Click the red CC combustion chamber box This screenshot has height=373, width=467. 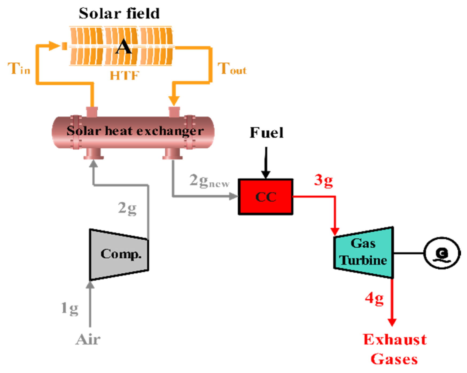click(x=265, y=197)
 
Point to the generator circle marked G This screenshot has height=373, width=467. click(x=442, y=253)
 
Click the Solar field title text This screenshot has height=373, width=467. click(x=119, y=13)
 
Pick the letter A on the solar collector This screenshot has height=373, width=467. click(x=123, y=47)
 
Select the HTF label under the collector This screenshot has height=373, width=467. click(x=125, y=76)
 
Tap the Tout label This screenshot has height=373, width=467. click(x=232, y=69)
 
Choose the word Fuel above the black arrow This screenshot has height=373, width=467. click(x=267, y=133)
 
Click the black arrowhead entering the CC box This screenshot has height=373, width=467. click(x=266, y=175)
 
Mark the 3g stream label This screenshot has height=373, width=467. click(x=323, y=180)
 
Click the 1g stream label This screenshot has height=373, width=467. click(x=70, y=308)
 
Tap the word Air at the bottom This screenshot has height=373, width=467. click(x=88, y=340)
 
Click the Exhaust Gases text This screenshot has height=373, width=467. click(x=395, y=349)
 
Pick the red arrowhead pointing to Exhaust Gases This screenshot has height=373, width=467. click(x=392, y=322)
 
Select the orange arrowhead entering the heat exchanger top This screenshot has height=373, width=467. click(x=174, y=101)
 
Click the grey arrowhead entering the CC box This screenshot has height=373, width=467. click(x=233, y=197)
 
